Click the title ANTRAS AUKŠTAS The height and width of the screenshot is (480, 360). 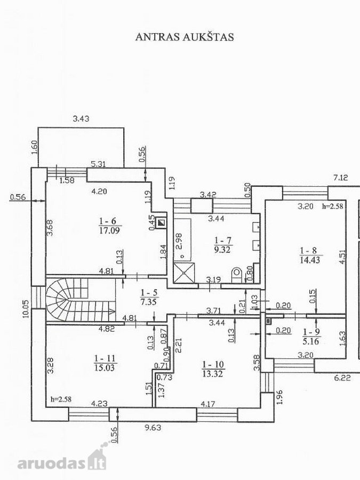[185, 37]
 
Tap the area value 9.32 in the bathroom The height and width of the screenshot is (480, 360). [222, 250]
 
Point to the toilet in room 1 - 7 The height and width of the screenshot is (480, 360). [237, 274]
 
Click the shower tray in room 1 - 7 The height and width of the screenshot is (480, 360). [184, 272]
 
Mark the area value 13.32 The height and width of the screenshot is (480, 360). [212, 373]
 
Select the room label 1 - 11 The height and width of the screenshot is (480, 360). [105, 358]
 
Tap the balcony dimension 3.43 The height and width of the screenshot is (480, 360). [81, 118]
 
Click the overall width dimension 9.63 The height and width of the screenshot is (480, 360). [153, 427]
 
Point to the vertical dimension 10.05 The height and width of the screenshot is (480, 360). [26, 309]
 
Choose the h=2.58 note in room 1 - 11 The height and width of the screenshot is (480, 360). [61, 399]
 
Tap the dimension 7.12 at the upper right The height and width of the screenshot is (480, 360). [340, 177]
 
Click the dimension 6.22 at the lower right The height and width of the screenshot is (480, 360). [342, 378]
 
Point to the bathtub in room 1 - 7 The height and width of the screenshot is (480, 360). [182, 239]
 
